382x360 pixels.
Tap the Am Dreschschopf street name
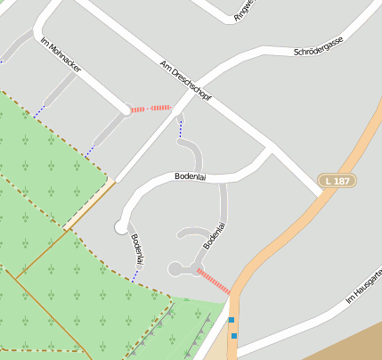click(x=185, y=81)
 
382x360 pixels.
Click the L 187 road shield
click(x=338, y=181)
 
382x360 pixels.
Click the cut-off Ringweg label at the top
click(x=244, y=8)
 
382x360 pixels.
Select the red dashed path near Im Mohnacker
click(x=150, y=109)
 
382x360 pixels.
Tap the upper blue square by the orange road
click(x=232, y=319)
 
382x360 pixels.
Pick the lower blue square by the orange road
click(x=234, y=335)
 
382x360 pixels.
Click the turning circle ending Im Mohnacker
click(x=126, y=111)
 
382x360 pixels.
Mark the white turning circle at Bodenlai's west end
click(x=121, y=227)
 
